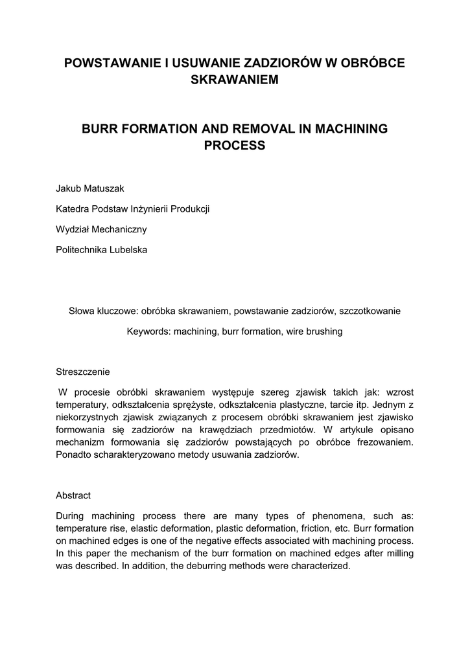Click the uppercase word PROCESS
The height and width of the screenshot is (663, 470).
pyautogui.click(x=235, y=146)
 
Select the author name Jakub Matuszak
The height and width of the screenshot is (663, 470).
pyautogui.click(x=90, y=188)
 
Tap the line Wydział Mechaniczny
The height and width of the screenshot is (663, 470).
pyautogui.click(x=102, y=229)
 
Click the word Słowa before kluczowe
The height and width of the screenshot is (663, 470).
pyautogui.click(x=82, y=311)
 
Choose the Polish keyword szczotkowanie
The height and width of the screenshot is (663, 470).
pyautogui.click(x=370, y=311)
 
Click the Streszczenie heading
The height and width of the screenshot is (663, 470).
pyautogui.click(x=83, y=372)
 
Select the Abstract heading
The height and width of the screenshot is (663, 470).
pyautogui.click(x=73, y=495)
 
